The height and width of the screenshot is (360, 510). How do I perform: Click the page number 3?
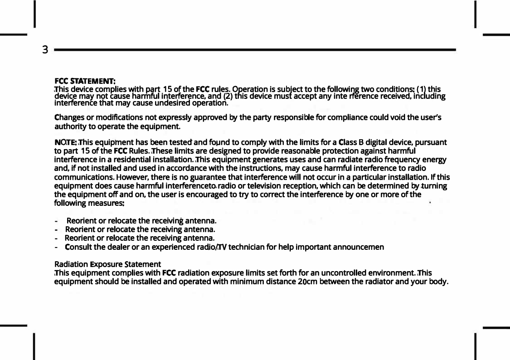pos(45,49)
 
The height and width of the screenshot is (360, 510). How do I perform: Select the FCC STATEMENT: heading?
pos(85,81)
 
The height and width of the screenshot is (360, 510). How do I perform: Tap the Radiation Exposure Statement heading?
pos(107,264)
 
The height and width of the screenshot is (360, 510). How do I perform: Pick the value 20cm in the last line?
pos(301,282)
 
